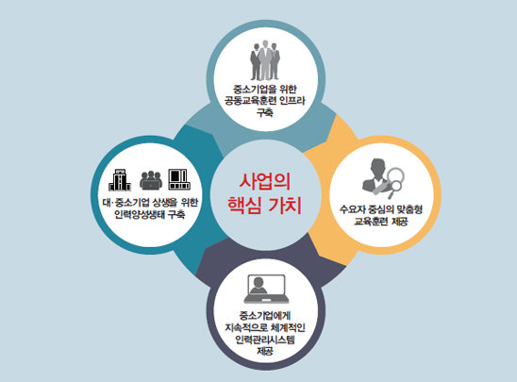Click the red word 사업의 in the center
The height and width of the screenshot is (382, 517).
coord(264,181)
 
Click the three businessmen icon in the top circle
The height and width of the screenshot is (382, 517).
coord(265,60)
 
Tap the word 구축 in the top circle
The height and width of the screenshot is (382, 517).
coord(265,112)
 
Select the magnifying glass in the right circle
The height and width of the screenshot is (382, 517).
coord(395,182)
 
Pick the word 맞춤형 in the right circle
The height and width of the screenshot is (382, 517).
coord(409,209)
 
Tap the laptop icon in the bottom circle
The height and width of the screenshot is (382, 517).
coord(266,289)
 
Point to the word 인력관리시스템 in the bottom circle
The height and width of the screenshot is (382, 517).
coord(265,340)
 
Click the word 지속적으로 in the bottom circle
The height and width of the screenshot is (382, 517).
coord(246,327)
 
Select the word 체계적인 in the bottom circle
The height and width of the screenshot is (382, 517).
coord(288,327)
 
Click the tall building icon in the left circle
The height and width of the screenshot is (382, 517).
coord(120,180)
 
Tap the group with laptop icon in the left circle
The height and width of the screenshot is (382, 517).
coord(151,180)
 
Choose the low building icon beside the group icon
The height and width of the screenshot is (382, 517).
coord(179,179)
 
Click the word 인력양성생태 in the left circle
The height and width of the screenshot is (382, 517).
coord(139,214)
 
